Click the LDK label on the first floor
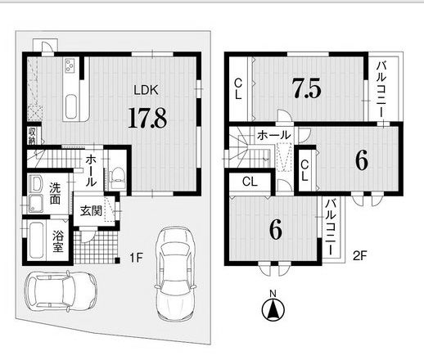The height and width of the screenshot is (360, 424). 146,90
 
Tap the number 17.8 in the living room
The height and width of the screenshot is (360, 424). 147,118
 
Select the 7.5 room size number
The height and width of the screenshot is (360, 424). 306,88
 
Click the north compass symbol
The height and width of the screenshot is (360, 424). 273,309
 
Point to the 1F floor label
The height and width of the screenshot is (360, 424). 136,257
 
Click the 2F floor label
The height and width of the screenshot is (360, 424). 360,255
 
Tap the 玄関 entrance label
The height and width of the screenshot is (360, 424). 91,211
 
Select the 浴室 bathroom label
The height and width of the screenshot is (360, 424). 58,241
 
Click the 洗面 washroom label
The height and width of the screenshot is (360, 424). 55,194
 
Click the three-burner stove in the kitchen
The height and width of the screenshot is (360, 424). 70,65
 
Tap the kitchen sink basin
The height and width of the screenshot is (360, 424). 71,106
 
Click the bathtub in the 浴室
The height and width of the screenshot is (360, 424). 36,241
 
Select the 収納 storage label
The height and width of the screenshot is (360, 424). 32,136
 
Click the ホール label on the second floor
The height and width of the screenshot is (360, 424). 273,135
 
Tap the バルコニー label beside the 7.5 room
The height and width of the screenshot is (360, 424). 381,89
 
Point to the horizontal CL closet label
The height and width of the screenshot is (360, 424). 250,182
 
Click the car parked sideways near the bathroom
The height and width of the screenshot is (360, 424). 61,290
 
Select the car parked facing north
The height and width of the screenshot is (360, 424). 175,274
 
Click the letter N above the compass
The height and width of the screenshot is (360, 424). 273,294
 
